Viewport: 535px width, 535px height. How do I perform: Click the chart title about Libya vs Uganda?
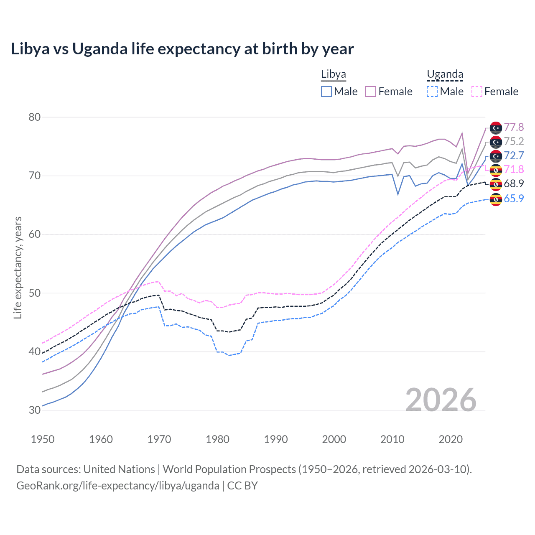click(x=182, y=49)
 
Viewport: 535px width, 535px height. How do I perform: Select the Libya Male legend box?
click(x=326, y=92)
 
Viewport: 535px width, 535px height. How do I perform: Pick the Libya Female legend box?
click(x=371, y=92)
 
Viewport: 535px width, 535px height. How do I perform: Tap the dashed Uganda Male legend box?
click(x=432, y=92)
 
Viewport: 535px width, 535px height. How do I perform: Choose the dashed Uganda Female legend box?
click(x=477, y=92)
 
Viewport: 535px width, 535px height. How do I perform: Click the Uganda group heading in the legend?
click(x=445, y=75)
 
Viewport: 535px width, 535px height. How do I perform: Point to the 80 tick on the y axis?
click(x=35, y=117)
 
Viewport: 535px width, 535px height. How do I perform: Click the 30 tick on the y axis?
click(x=35, y=410)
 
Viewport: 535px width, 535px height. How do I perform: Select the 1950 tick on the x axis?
click(x=43, y=439)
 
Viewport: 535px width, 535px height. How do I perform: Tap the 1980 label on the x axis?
click(x=217, y=439)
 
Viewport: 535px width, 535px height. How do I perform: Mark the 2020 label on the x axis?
click(x=451, y=439)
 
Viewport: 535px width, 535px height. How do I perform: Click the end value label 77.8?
click(x=514, y=127)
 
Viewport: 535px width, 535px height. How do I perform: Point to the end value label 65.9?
click(x=514, y=199)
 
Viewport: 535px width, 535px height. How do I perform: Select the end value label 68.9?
click(x=514, y=183)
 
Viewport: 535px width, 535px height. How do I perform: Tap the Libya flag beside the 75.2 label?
click(x=496, y=142)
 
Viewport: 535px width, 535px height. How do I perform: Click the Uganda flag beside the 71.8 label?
click(x=496, y=170)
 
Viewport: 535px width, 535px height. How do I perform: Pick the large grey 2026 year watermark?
click(x=441, y=400)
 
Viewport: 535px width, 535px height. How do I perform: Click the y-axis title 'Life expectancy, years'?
click(x=18, y=267)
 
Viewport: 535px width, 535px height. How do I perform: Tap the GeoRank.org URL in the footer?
click(x=118, y=486)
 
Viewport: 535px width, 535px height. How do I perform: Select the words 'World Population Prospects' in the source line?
click(x=229, y=469)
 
